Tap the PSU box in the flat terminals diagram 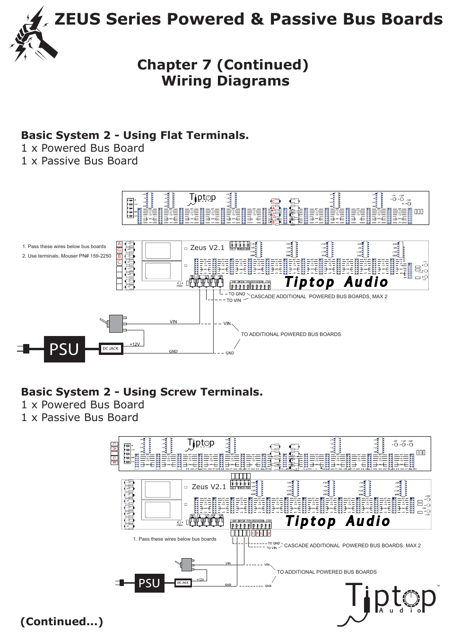click(64, 349)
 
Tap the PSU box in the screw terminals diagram click(149, 583)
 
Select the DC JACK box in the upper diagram click(111, 349)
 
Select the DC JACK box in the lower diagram click(183, 583)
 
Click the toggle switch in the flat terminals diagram click(115, 323)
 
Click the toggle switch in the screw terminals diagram click(186, 564)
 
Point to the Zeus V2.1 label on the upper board click(207, 248)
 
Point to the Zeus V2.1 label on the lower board click(208, 487)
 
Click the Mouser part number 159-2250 click(100, 256)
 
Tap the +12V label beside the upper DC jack click(135, 344)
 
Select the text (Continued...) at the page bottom click(61, 621)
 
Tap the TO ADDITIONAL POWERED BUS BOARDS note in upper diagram click(291, 334)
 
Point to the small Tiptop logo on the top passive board click(202, 198)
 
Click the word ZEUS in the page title click(78, 19)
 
